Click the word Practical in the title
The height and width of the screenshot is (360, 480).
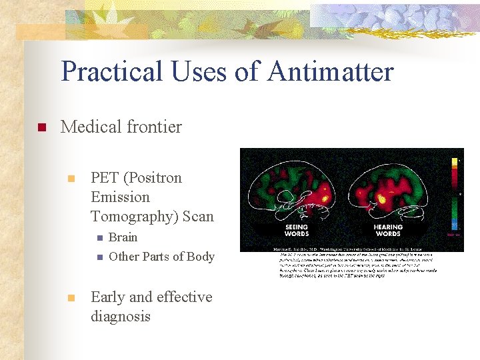click(109, 71)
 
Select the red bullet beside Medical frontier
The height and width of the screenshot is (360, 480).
click(41, 127)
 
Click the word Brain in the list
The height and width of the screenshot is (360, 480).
click(123, 237)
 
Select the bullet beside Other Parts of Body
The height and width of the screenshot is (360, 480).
click(99, 257)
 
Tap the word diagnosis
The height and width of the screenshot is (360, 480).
click(121, 316)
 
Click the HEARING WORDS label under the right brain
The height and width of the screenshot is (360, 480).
click(387, 231)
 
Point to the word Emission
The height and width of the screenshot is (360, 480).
click(120, 197)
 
